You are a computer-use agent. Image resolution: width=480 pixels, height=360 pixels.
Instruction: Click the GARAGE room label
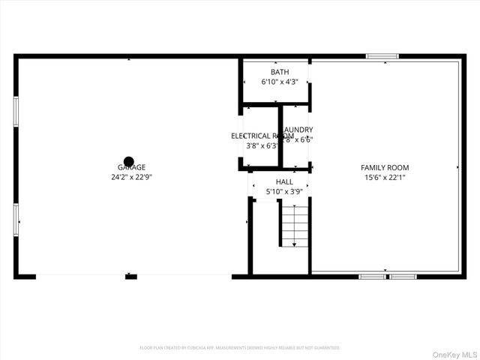click(131, 168)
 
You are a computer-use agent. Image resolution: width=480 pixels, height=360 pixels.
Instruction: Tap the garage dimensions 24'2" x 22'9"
click(131, 178)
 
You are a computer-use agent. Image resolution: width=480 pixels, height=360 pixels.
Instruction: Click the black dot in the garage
click(129, 161)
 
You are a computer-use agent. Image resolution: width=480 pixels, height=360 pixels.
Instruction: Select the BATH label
click(269, 71)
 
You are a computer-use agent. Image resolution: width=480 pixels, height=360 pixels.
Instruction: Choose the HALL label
click(284, 182)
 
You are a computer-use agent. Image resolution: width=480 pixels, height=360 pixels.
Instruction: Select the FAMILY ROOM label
click(385, 168)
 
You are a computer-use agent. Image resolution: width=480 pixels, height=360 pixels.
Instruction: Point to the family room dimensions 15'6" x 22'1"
click(385, 178)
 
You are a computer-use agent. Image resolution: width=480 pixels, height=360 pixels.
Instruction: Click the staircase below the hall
click(294, 226)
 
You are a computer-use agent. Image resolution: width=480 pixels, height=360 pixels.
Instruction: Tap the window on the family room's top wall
click(382, 56)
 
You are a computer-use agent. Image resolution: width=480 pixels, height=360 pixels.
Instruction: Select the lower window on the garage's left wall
click(16, 220)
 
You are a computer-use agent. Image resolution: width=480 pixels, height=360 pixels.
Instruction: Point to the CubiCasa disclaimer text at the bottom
click(240, 348)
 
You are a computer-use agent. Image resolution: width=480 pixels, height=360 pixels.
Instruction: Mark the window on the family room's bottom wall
click(387, 277)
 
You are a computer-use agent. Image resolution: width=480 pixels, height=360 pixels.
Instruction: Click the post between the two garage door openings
click(131, 277)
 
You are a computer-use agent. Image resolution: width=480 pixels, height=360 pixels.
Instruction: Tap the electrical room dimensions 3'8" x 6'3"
click(258, 145)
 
